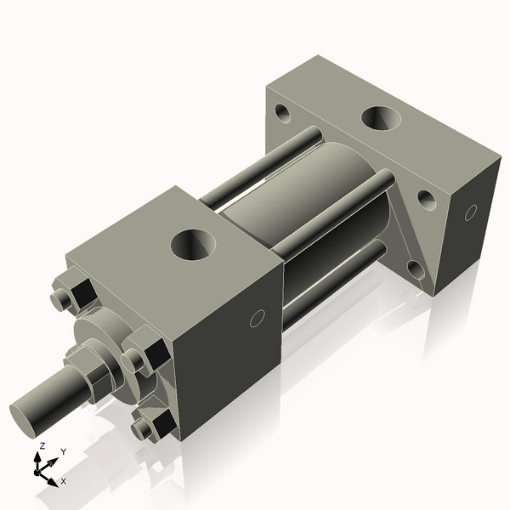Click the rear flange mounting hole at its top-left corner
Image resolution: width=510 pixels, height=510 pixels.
(281, 110)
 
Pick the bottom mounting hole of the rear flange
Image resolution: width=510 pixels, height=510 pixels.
(415, 269)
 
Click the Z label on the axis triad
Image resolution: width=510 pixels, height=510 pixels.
(42, 446)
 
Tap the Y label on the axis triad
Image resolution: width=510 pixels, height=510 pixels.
(63, 452)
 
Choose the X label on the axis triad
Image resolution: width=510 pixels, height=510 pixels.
(63, 481)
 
